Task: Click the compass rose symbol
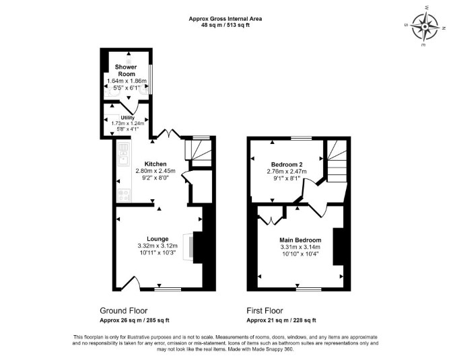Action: tap(425, 26)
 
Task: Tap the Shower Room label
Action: tap(126, 70)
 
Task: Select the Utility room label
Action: tap(128, 118)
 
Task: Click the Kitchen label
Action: tap(155, 164)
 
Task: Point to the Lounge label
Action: tap(158, 239)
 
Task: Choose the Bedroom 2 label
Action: tap(287, 165)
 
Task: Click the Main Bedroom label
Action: tap(300, 240)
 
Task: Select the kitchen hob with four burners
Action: tap(124, 195)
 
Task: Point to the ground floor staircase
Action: tap(199, 152)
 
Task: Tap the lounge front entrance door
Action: tap(131, 283)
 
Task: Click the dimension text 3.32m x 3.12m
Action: tap(158, 246)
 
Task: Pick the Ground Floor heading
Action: tap(124, 311)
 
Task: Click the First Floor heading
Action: tap(265, 311)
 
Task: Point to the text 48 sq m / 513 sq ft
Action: tap(225, 25)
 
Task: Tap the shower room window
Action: tap(150, 79)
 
